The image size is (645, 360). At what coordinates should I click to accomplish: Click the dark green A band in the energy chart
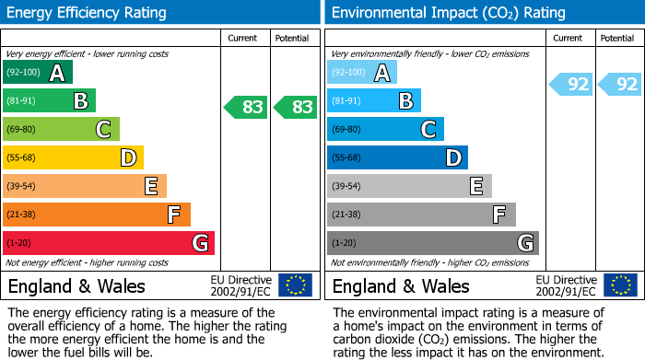(37, 73)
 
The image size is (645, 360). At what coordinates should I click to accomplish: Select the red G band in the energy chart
(108, 243)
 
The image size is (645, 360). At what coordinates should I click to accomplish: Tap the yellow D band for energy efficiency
(73, 157)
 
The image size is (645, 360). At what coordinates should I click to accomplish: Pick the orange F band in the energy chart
(96, 215)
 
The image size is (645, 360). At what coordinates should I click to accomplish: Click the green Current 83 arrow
(246, 107)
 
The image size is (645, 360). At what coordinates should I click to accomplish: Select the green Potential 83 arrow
(295, 107)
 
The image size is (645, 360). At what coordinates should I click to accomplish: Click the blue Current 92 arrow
(571, 85)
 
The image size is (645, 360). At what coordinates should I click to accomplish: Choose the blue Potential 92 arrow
(620, 85)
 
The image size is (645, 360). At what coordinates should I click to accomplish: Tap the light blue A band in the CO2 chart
(361, 73)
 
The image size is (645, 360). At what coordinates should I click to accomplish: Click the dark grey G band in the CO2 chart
(432, 243)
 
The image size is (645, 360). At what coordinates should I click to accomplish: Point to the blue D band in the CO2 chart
(397, 157)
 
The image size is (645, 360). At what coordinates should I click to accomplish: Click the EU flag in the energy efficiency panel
(295, 285)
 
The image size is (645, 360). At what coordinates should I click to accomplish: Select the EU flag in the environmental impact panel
(620, 285)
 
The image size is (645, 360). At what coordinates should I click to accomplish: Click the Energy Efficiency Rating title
(88, 13)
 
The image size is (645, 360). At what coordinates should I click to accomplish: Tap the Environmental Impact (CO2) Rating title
(448, 13)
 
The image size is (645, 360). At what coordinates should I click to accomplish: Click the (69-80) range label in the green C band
(21, 130)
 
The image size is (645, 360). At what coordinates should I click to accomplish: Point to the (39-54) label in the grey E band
(346, 187)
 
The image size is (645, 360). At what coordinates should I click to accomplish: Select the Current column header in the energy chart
(244, 38)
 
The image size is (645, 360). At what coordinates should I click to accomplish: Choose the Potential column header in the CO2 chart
(616, 38)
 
